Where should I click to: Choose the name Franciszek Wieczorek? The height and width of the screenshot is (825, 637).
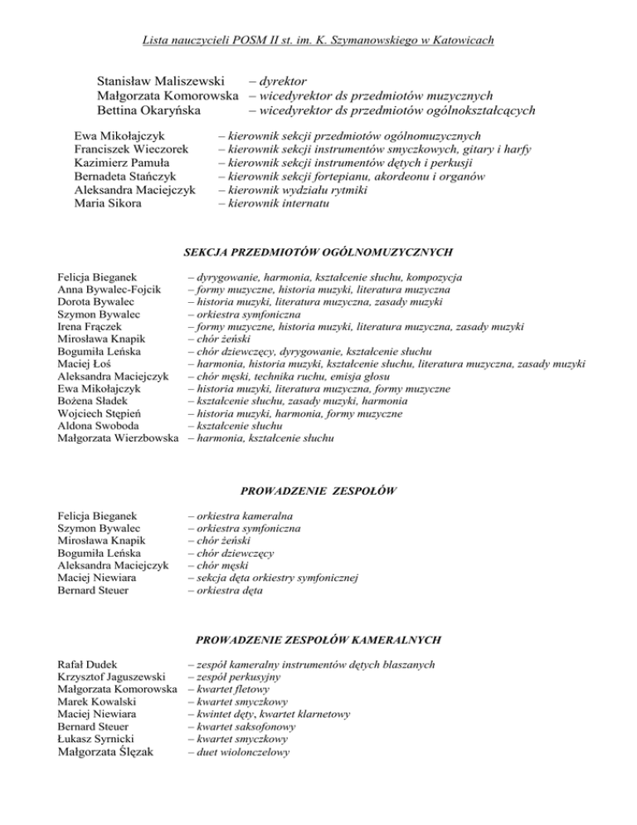click(133, 149)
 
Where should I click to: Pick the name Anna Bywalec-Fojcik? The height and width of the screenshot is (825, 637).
click(108, 290)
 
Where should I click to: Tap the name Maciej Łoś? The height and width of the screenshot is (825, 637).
click(85, 364)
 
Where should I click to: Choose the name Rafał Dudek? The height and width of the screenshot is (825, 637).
click(87, 665)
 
